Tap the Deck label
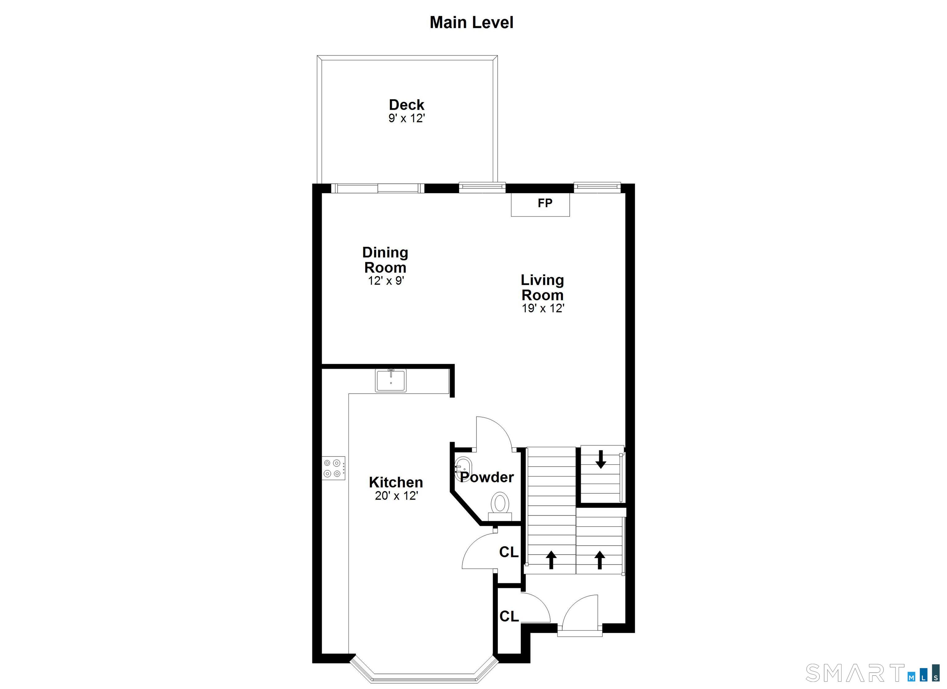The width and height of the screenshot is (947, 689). (406, 105)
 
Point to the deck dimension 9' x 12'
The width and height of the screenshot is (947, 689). (406, 118)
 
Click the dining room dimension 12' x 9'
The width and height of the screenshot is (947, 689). (386, 280)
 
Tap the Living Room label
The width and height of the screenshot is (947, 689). (542, 287)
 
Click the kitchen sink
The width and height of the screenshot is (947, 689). (390, 380)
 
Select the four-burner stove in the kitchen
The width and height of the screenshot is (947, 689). (334, 468)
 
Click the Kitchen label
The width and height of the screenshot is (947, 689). (396, 482)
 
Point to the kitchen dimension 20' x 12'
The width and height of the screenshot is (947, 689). (396, 496)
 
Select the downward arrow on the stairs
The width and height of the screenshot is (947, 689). (601, 459)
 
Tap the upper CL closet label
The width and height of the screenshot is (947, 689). (509, 552)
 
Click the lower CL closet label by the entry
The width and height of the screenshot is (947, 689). (509, 616)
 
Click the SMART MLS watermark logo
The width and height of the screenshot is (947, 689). (873, 673)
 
